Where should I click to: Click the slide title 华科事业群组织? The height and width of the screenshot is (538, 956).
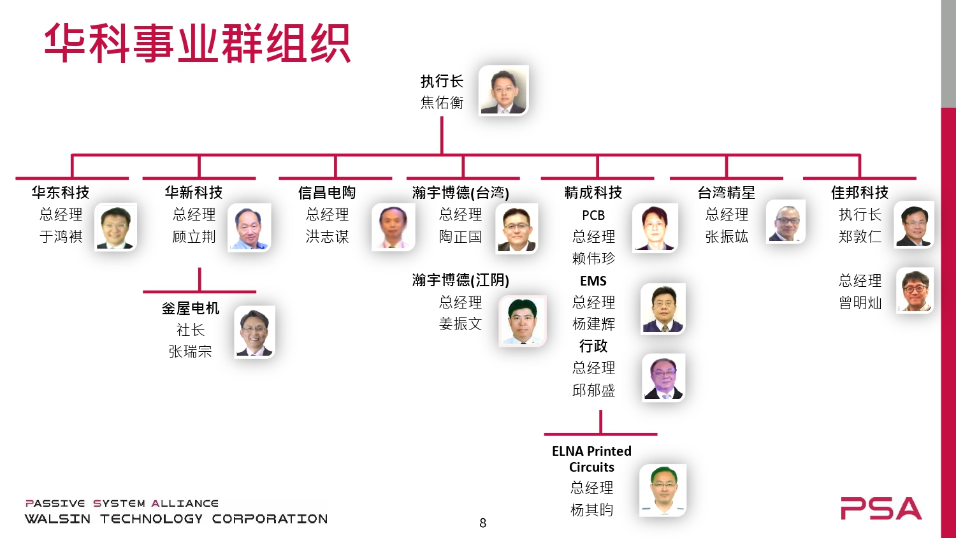[197, 43]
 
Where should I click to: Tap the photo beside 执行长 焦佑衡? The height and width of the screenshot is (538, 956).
[503, 90]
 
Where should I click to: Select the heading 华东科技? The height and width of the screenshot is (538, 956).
[61, 193]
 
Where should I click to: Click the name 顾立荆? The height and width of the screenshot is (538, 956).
[194, 237]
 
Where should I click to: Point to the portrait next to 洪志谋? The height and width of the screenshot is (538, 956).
[393, 226]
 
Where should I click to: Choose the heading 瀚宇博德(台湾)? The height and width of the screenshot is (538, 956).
[460, 193]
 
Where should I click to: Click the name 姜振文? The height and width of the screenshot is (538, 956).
[460, 324]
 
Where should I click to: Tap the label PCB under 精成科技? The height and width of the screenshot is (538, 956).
[593, 215]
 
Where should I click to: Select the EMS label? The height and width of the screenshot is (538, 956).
[593, 281]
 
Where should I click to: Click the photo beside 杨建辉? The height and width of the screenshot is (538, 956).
[663, 309]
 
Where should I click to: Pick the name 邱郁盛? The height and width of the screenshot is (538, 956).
[593, 390]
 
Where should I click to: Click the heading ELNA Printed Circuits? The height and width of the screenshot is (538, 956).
[591, 459]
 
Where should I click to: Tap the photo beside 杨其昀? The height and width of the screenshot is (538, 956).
[663, 490]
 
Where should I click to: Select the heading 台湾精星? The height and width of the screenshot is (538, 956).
[726, 193]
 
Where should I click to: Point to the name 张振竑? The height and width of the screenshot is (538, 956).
[726, 237]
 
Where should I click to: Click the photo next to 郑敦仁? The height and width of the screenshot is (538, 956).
[914, 224]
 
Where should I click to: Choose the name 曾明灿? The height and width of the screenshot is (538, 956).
[860, 303]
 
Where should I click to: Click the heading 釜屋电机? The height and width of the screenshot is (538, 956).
[190, 309]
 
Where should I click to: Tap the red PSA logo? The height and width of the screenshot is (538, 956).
[881, 508]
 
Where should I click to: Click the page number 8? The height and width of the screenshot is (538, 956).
[482, 523]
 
